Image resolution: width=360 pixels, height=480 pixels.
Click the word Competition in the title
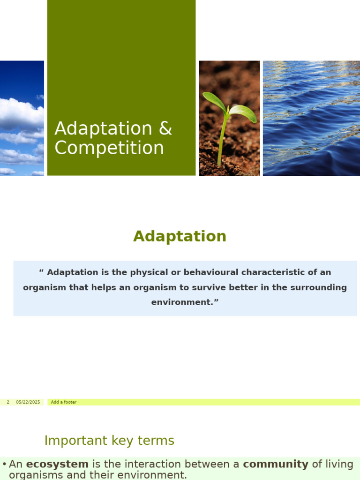109,149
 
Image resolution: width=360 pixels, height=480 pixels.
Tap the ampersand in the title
165,129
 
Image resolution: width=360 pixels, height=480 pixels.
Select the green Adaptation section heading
180,236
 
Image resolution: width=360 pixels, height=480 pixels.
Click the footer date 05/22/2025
28,402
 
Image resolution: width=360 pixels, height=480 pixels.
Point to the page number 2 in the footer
8,402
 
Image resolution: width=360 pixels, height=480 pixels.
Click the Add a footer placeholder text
64,402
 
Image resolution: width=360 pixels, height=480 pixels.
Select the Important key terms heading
109,441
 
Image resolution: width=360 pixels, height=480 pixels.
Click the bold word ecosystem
57,464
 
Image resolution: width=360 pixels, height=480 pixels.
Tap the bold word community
276,464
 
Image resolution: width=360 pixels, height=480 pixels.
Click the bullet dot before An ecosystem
4,465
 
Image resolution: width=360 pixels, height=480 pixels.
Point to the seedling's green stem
222,141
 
